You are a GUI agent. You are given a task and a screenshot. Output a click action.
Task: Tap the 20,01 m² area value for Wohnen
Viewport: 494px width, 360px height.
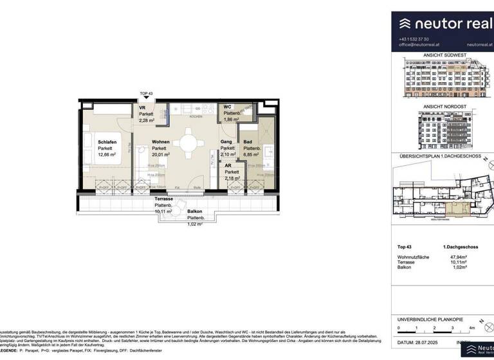tap(161, 155)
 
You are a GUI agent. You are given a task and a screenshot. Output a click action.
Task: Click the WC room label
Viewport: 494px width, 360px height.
tap(228, 107)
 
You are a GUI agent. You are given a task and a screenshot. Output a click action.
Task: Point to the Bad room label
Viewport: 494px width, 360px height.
tap(247, 142)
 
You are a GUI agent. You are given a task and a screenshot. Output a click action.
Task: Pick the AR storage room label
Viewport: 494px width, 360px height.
tap(228, 165)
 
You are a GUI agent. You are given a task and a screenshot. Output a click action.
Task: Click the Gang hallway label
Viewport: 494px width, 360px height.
tap(226, 141)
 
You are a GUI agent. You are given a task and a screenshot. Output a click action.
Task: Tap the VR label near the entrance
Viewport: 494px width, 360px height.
tap(142, 108)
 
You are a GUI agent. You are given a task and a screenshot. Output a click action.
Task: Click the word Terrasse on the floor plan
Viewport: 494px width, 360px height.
tap(163, 199)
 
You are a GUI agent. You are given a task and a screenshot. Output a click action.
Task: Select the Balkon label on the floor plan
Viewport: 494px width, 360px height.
tap(195, 212)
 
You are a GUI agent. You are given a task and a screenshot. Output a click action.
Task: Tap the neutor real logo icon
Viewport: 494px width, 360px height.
tap(406, 24)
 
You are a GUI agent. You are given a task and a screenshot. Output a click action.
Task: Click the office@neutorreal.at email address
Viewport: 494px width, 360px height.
tap(421, 45)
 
